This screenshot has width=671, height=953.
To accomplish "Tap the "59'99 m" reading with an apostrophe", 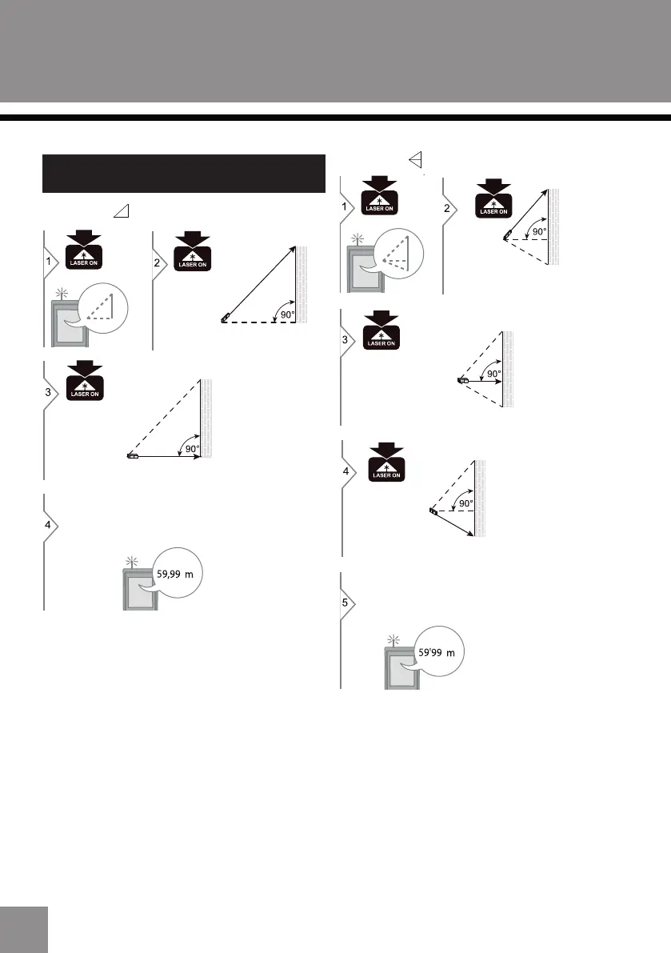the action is tap(438, 653).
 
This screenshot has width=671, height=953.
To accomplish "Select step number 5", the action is tap(345, 603).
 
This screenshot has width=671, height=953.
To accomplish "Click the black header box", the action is tap(183, 174).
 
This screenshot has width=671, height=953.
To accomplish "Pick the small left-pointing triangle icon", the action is tap(415, 160).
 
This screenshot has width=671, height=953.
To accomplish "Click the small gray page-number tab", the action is tap(24, 929).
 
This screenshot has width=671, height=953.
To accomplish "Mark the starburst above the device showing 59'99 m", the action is tap(393, 639).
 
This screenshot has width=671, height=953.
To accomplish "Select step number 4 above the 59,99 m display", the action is tap(48, 525).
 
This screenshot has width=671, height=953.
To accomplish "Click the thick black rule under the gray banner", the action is tap(335, 118).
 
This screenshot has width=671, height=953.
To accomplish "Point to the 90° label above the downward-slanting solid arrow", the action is tap(465, 503).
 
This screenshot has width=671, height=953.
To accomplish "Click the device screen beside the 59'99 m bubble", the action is tap(401, 671).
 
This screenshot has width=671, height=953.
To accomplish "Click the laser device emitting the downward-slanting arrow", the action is tap(433, 510).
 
